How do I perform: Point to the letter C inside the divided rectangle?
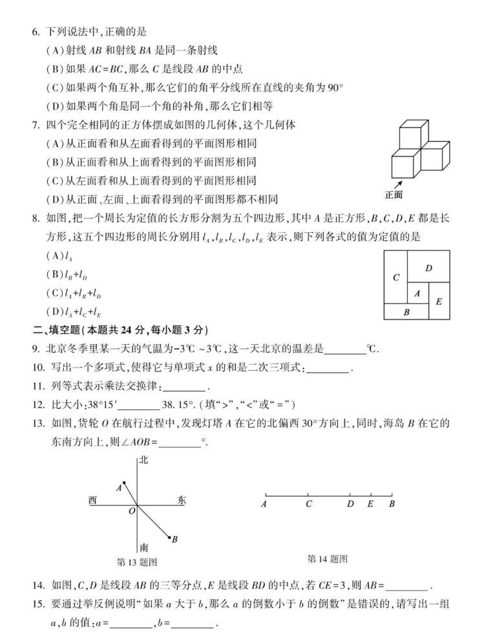[395, 278]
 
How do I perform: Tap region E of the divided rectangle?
[439, 301]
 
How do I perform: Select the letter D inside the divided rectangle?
[428, 268]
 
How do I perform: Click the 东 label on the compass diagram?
[181, 500]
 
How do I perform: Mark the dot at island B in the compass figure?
[169, 537]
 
